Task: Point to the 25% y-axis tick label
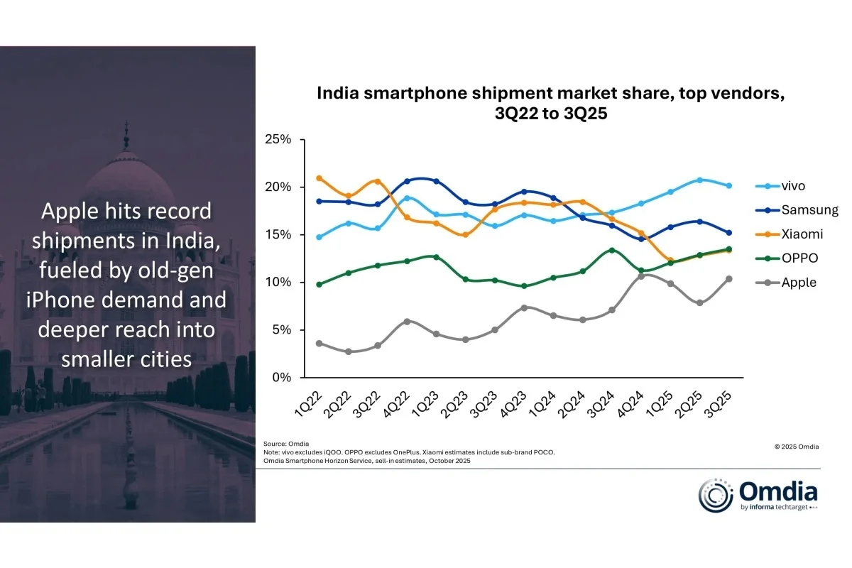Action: tap(277, 139)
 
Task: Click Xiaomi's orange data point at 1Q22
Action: tap(319, 178)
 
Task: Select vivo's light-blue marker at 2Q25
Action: tap(700, 180)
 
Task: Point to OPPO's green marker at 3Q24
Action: tap(611, 251)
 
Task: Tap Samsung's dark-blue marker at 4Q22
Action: tap(407, 182)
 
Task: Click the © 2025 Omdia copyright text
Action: tap(796, 447)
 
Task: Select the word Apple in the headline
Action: tap(73, 211)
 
